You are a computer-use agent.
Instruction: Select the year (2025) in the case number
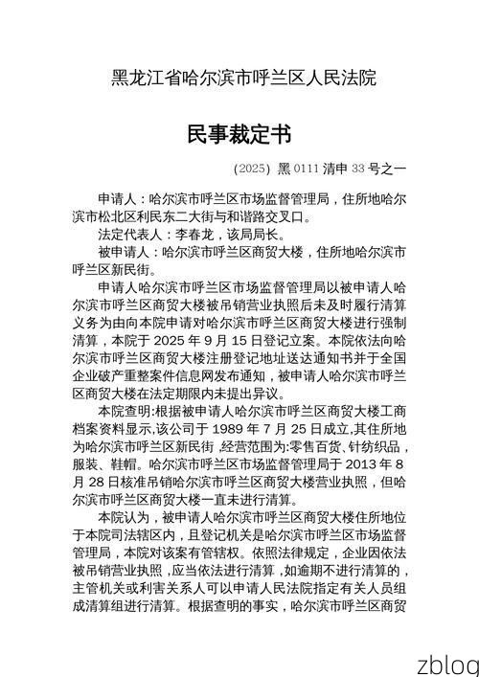pyautogui.click(x=252, y=169)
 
